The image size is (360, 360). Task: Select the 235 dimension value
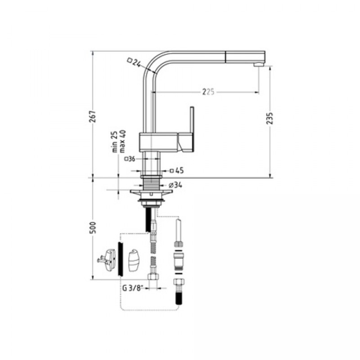269,118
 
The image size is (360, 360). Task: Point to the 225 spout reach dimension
207,92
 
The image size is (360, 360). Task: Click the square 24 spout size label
134,62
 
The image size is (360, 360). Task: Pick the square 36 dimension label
130,158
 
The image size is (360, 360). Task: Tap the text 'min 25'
115,142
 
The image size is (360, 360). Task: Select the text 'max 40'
122,142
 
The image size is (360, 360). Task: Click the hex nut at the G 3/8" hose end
153,278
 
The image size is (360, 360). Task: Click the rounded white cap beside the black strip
134,261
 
